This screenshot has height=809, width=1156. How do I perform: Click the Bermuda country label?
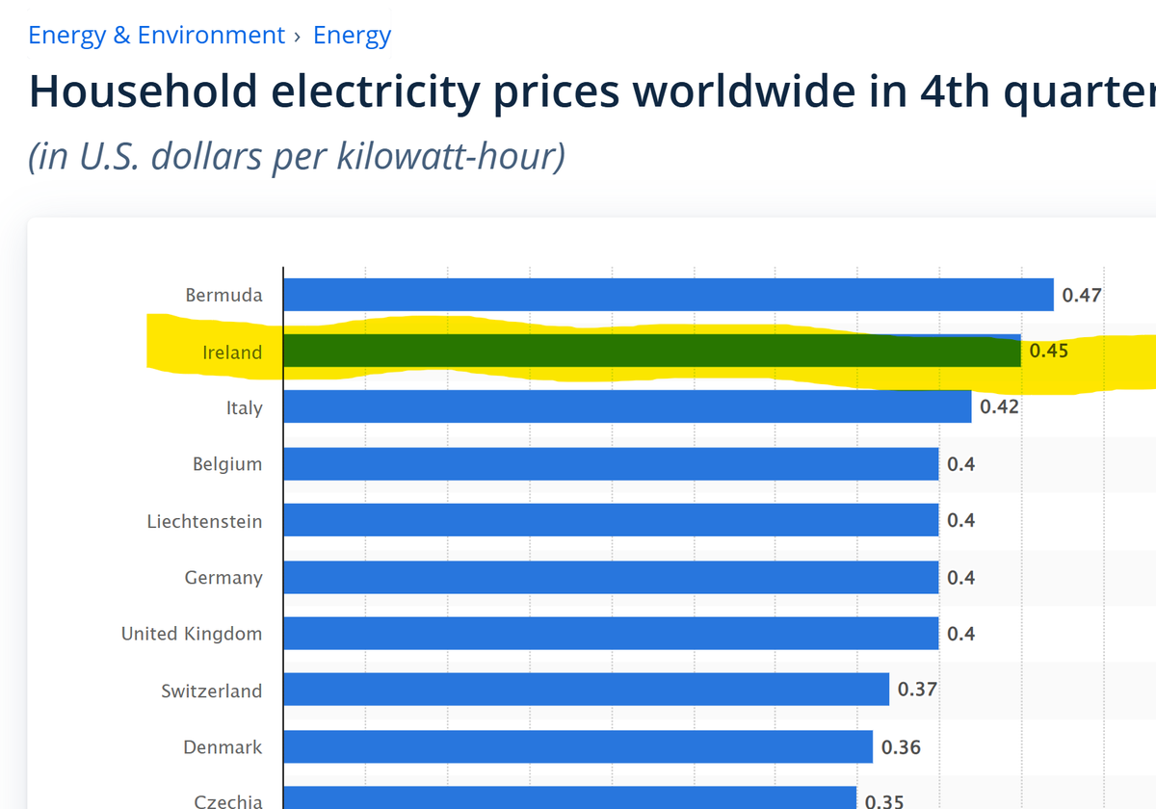tap(223, 295)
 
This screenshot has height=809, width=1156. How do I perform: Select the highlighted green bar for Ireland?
tap(651, 351)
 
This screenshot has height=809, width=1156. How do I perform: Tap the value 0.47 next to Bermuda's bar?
tap(1081, 295)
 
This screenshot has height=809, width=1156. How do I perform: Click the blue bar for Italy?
tap(626, 406)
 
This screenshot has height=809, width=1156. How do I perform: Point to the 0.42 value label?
tap(999, 406)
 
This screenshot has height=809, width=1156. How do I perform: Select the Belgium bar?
tap(611, 463)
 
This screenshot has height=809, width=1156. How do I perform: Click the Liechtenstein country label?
tap(204, 521)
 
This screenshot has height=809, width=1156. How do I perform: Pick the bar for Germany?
tap(611, 577)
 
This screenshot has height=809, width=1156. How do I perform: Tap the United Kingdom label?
tap(192, 634)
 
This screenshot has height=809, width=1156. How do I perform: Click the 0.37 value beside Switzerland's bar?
tap(917, 690)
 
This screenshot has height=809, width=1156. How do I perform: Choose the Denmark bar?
tap(578, 746)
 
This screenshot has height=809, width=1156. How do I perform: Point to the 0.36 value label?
tap(901, 746)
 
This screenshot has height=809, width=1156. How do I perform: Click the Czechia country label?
tap(227, 800)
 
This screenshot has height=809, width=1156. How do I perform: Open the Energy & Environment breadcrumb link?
tap(157, 36)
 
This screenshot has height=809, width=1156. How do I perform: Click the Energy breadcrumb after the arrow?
tap(352, 36)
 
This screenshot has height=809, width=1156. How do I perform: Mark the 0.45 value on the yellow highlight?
tap(1048, 351)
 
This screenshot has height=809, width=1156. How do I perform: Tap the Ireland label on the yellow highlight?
tap(232, 352)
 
